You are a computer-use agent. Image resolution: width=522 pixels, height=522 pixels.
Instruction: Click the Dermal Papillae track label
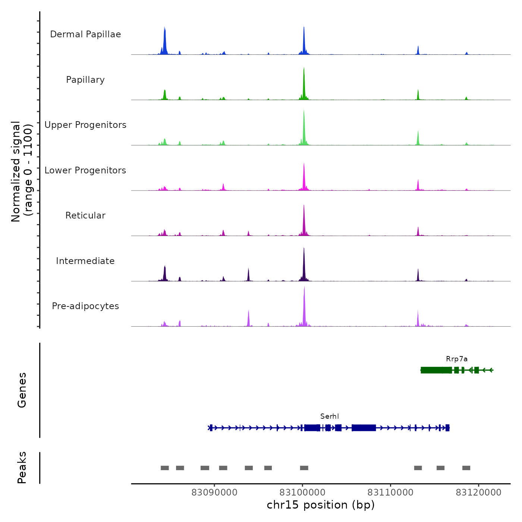click(85, 34)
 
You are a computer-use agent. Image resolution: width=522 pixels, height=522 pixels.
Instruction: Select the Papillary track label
click(85, 80)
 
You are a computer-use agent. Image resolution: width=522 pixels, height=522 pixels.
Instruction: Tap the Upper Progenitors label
click(85, 125)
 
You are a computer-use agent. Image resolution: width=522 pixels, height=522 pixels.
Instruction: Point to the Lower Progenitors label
click(85, 170)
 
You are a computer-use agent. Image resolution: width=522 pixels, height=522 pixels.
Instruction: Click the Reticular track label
click(85, 216)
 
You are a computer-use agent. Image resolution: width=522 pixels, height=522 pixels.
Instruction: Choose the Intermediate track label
click(85, 261)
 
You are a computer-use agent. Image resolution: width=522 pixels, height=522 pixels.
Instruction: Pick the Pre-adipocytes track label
click(85, 306)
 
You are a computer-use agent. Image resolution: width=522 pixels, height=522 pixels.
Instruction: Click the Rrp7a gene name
click(457, 359)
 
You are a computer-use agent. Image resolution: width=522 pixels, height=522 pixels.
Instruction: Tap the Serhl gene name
click(330, 416)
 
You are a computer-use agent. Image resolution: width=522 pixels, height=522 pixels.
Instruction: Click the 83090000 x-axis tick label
click(214, 493)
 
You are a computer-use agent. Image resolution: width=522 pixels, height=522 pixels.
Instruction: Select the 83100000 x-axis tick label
click(302, 493)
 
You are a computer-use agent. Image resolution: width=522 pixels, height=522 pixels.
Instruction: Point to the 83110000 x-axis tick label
click(390, 493)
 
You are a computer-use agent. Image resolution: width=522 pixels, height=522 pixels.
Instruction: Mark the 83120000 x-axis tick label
click(478, 493)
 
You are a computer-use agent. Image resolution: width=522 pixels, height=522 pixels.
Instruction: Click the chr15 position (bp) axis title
click(321, 505)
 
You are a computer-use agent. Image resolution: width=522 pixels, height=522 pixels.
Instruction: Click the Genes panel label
click(22, 390)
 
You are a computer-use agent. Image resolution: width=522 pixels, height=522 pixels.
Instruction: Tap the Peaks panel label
click(22, 468)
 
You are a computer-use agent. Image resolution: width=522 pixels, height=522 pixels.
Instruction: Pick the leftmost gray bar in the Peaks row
click(165, 468)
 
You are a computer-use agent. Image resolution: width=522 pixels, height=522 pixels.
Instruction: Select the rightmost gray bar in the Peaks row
click(466, 468)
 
